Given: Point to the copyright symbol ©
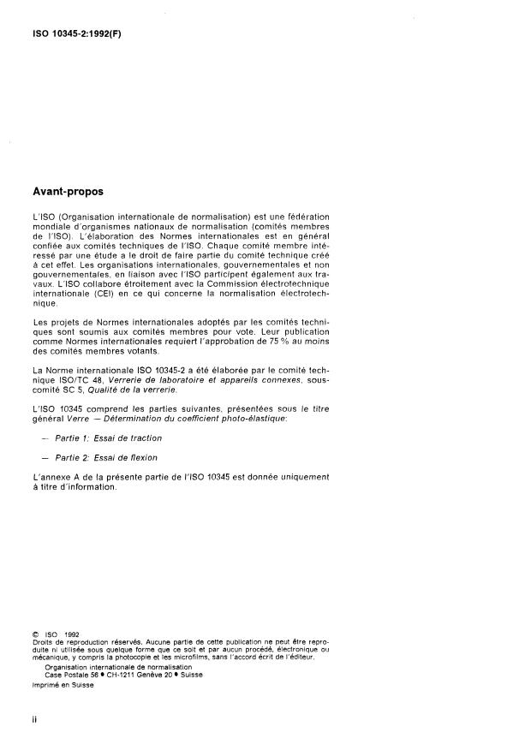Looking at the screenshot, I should click(x=37, y=634).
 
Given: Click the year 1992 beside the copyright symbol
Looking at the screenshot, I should click(x=71, y=634).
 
